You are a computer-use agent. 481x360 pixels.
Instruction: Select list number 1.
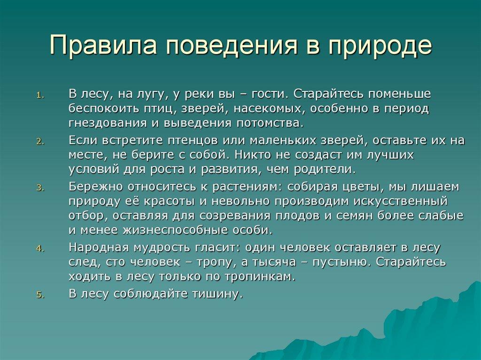[x=40, y=95]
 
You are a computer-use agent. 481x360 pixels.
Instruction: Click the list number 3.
[x=40, y=188]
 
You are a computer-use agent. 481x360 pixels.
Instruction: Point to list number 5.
[x=40, y=295]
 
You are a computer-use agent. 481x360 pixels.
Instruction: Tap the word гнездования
[x=108, y=123]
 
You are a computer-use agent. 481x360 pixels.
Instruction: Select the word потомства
[x=270, y=123]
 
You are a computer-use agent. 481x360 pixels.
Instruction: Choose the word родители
[x=325, y=169]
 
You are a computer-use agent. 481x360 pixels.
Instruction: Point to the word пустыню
[x=341, y=262]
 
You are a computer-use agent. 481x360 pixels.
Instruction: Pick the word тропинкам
[x=260, y=277]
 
